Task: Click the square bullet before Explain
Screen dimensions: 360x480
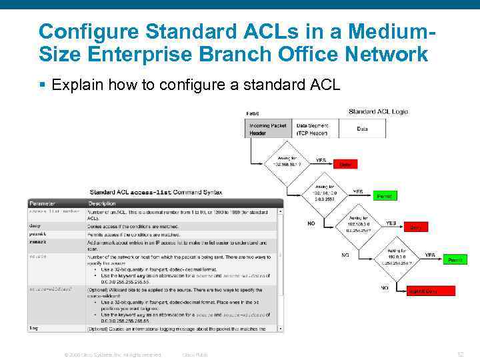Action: click(x=42, y=85)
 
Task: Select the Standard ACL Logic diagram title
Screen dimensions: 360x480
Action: click(x=378, y=111)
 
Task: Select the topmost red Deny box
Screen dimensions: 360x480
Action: click(x=345, y=164)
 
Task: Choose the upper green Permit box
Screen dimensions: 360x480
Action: click(x=385, y=196)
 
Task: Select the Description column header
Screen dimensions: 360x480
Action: click(x=102, y=203)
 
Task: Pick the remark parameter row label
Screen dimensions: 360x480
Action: click(x=37, y=242)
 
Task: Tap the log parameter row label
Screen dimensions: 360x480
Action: click(x=33, y=327)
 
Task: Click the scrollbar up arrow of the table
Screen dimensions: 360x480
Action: click(x=280, y=211)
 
